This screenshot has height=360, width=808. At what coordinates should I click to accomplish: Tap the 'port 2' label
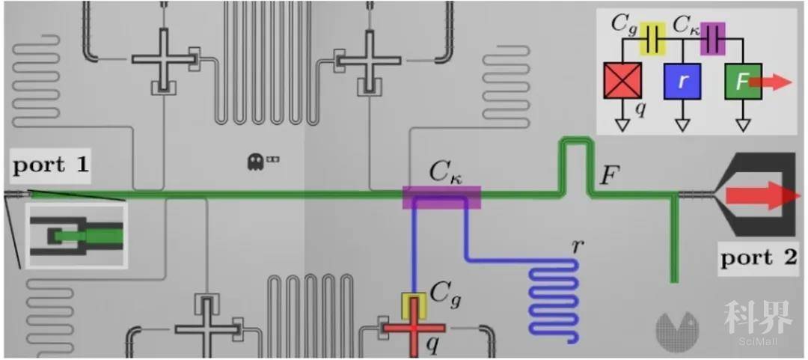click(757, 258)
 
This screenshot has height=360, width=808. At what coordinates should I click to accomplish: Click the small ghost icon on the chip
click(255, 159)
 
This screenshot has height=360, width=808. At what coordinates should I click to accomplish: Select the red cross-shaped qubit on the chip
click(414, 329)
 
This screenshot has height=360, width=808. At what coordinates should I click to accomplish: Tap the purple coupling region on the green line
click(441, 197)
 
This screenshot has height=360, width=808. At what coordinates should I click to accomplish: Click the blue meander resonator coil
click(554, 299)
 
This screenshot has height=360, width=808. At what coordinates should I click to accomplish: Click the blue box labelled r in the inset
click(682, 81)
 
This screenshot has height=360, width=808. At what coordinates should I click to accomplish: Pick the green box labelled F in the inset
click(741, 81)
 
